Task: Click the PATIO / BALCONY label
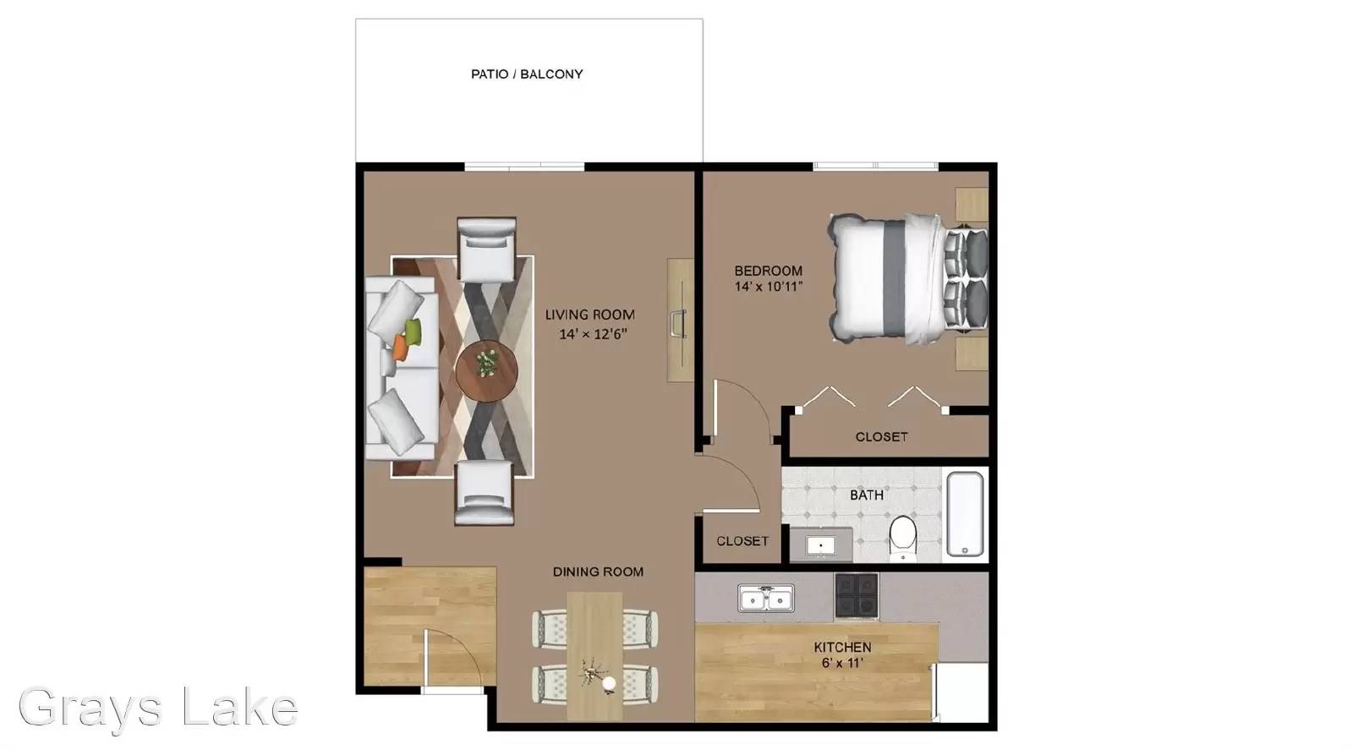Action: (527, 74)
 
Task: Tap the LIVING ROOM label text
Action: (589, 315)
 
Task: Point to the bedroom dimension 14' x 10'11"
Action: (769, 287)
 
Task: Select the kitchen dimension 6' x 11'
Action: (842, 663)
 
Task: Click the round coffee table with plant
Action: (486, 372)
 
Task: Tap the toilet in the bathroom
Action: (903, 538)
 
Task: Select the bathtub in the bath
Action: (965, 514)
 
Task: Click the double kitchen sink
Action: (766, 599)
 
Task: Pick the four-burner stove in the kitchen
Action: (857, 595)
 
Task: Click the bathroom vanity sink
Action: (821, 545)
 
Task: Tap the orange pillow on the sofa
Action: (399, 348)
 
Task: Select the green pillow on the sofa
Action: (414, 331)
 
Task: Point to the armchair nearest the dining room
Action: (485, 493)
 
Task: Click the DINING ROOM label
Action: (598, 572)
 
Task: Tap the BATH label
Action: (867, 495)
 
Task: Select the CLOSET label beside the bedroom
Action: (881, 436)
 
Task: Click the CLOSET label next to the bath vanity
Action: (742, 541)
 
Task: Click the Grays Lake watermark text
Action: (158, 707)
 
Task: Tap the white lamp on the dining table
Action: (609, 683)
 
